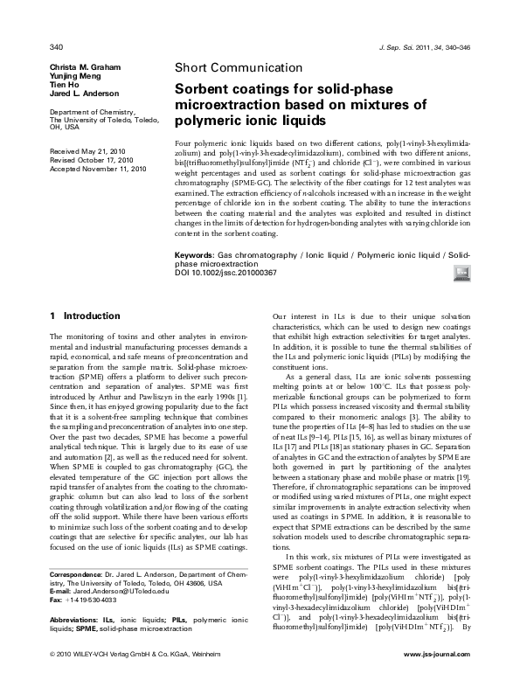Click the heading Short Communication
229,67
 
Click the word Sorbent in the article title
205,88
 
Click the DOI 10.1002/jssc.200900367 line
226,273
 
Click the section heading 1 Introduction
85,316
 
